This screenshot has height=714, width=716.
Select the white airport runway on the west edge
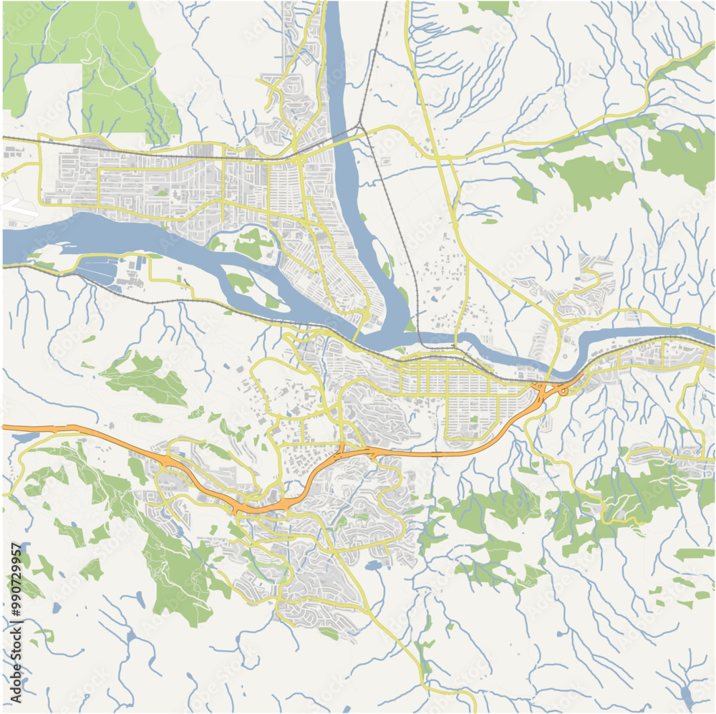[x=19, y=208]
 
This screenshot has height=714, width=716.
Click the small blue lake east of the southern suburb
[x=372, y=566]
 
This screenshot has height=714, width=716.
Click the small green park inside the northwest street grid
[x=163, y=193]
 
